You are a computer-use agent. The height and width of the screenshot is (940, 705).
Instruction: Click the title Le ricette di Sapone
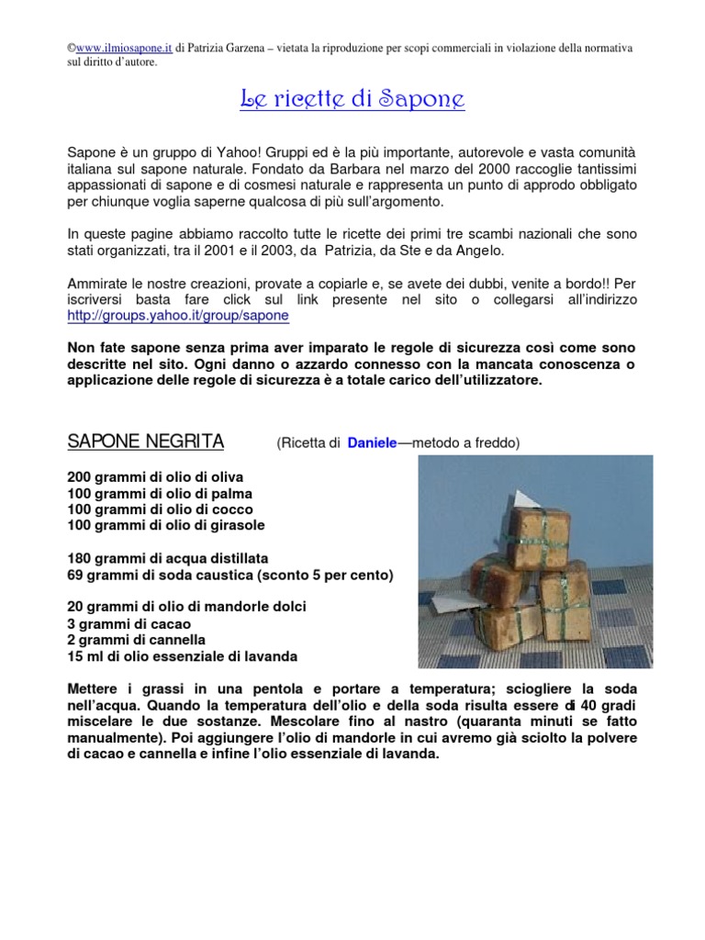pos(352,99)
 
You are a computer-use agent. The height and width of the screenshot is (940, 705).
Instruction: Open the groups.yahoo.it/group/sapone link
pos(178,315)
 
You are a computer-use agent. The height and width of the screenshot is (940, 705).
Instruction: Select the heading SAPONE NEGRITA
pos(146,442)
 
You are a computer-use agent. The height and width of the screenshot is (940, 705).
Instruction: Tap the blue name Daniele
pos(372,443)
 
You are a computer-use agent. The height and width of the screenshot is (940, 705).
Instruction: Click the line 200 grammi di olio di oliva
pos(155,477)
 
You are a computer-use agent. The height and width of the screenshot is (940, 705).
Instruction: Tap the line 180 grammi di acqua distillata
pos(168,558)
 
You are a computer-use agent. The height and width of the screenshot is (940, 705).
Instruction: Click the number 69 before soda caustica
pos(76,575)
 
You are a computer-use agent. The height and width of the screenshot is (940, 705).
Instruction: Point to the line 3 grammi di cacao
pos(123,624)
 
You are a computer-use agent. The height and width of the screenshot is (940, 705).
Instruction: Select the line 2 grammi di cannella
pos(136,640)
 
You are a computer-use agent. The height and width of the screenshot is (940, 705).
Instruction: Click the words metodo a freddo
pos(465,443)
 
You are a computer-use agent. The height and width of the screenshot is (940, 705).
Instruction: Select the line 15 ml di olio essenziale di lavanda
pos(183,656)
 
